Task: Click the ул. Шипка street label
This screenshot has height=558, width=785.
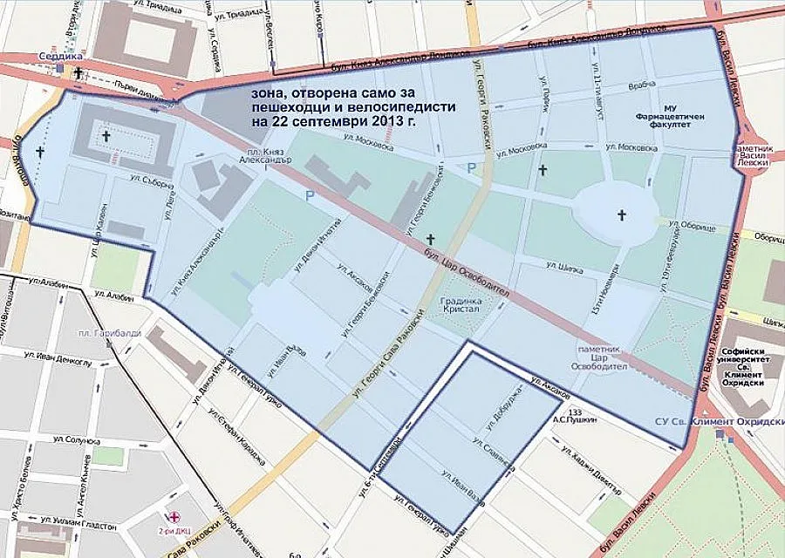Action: tap(563, 266)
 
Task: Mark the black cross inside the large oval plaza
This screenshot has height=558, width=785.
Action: tap(621, 214)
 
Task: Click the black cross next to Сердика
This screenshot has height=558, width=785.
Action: tap(80, 73)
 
